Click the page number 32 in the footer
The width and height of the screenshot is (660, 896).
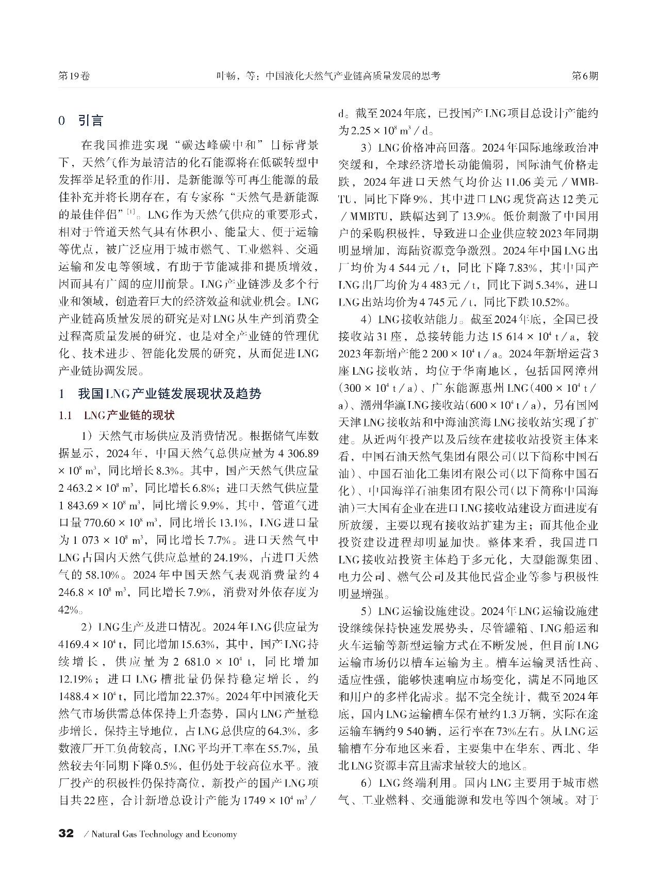point(67,834)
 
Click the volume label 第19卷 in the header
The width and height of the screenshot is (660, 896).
point(75,76)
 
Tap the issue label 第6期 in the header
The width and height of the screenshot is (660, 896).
point(585,76)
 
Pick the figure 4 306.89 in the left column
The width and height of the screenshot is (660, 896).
point(294,454)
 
